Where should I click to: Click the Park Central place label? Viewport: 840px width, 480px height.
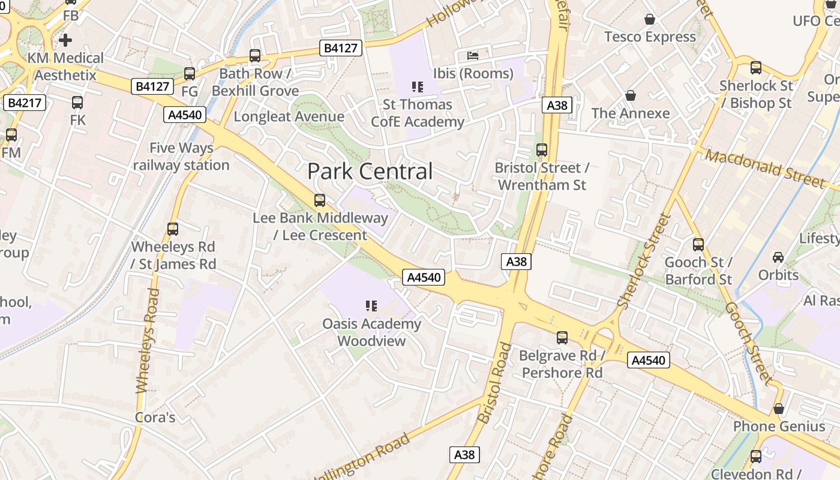pos(370,172)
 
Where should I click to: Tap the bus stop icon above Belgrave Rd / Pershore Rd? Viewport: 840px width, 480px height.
pos(562,338)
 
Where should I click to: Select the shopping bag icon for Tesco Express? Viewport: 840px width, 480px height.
pos(649,20)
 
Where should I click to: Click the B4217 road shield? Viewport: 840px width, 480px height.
pos(25,103)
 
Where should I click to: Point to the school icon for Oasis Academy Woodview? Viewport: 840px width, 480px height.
pos(371,307)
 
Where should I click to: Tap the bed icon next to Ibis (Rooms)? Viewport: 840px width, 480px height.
pos(473,56)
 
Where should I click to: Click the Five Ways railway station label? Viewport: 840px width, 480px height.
pos(181,156)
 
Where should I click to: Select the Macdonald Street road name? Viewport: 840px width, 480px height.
pos(764,169)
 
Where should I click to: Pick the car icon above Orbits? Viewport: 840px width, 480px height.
pos(778,257)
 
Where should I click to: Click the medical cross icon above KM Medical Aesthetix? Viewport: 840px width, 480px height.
pos(65,40)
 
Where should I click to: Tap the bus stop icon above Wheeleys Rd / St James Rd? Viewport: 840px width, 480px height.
pos(173,229)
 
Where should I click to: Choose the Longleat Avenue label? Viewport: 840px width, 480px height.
pos(289,116)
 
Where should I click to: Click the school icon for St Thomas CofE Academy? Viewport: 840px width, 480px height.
pos(418,87)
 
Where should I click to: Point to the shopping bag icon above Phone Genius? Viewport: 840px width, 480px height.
pos(778,409)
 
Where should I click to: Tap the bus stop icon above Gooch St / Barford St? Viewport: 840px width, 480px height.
pos(698,245)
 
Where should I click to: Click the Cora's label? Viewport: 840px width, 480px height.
pos(155,417)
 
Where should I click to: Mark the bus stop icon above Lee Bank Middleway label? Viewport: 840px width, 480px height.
pos(320,200)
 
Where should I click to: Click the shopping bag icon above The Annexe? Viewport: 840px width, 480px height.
pos(630,95)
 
